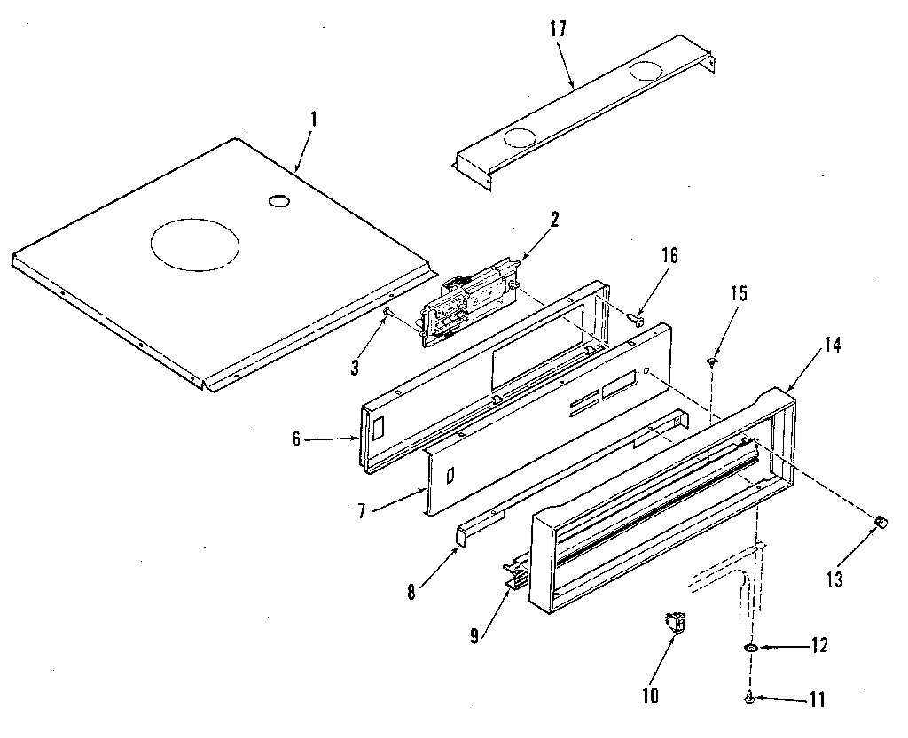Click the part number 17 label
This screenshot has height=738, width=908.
click(x=558, y=30)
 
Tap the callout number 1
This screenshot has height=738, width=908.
click(x=313, y=118)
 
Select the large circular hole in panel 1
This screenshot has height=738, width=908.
click(x=194, y=242)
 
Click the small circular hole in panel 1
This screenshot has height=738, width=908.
click(x=279, y=202)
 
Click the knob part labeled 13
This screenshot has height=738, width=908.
click(x=881, y=522)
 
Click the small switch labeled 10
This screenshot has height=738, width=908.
click(x=677, y=625)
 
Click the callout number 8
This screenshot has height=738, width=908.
click(x=411, y=593)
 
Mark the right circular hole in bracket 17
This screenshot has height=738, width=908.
click(x=645, y=73)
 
